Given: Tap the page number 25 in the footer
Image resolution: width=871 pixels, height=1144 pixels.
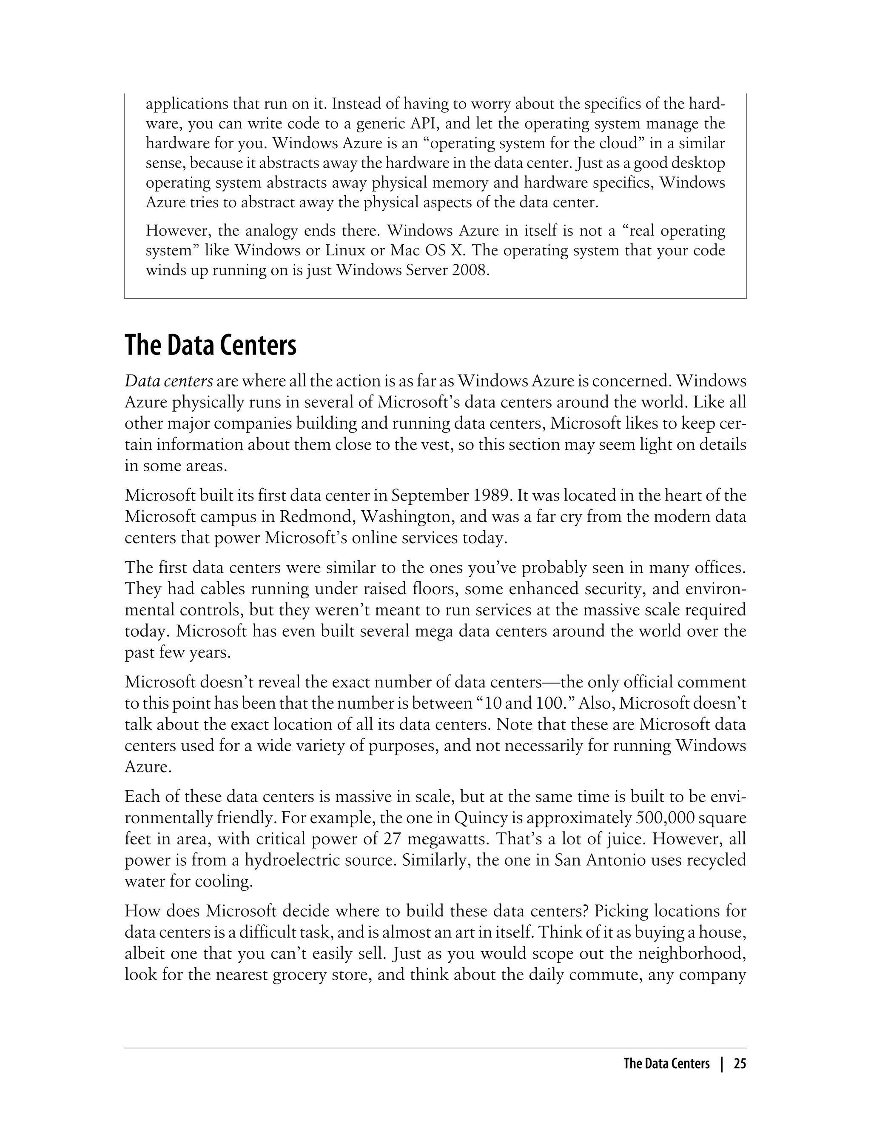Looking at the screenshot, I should (x=740, y=1064).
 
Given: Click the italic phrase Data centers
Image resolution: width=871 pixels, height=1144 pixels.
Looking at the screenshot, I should (x=168, y=382).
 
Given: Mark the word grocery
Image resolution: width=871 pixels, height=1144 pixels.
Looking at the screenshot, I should (x=296, y=975).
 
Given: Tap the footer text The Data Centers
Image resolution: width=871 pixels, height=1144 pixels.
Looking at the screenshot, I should (x=666, y=1064).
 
